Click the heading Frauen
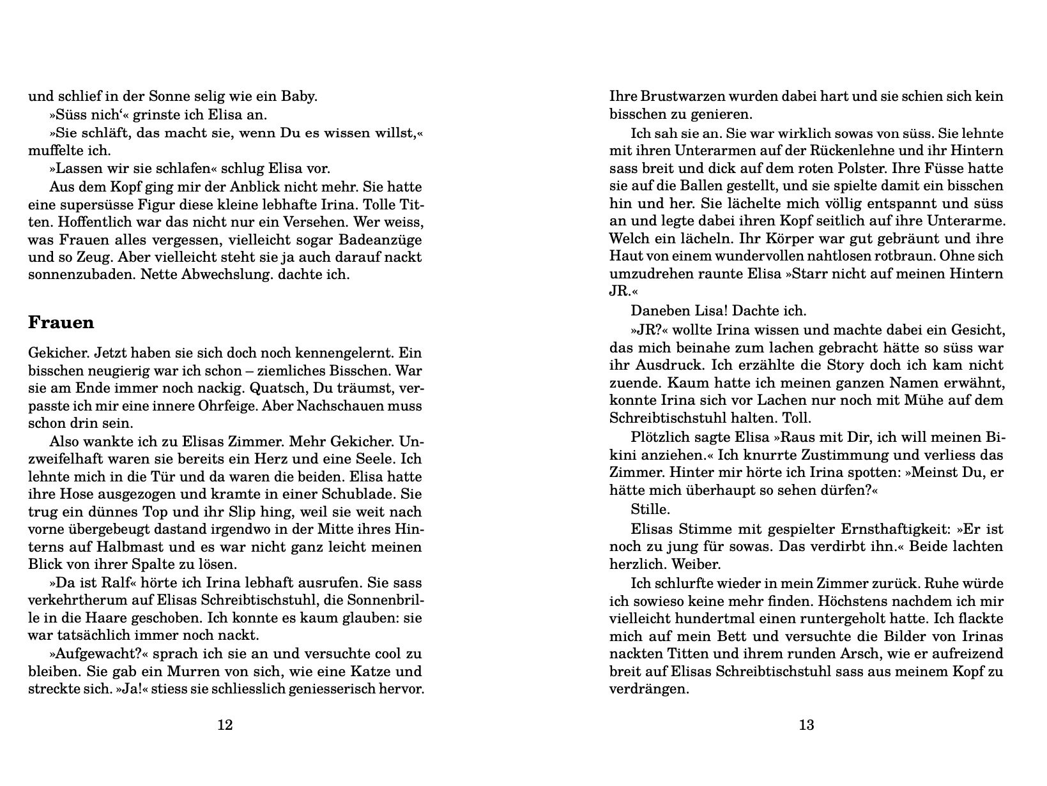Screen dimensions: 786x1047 (x=61, y=322)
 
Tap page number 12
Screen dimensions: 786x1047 (x=225, y=725)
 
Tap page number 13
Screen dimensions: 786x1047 (x=806, y=725)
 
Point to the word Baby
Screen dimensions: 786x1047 (x=300, y=97)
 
